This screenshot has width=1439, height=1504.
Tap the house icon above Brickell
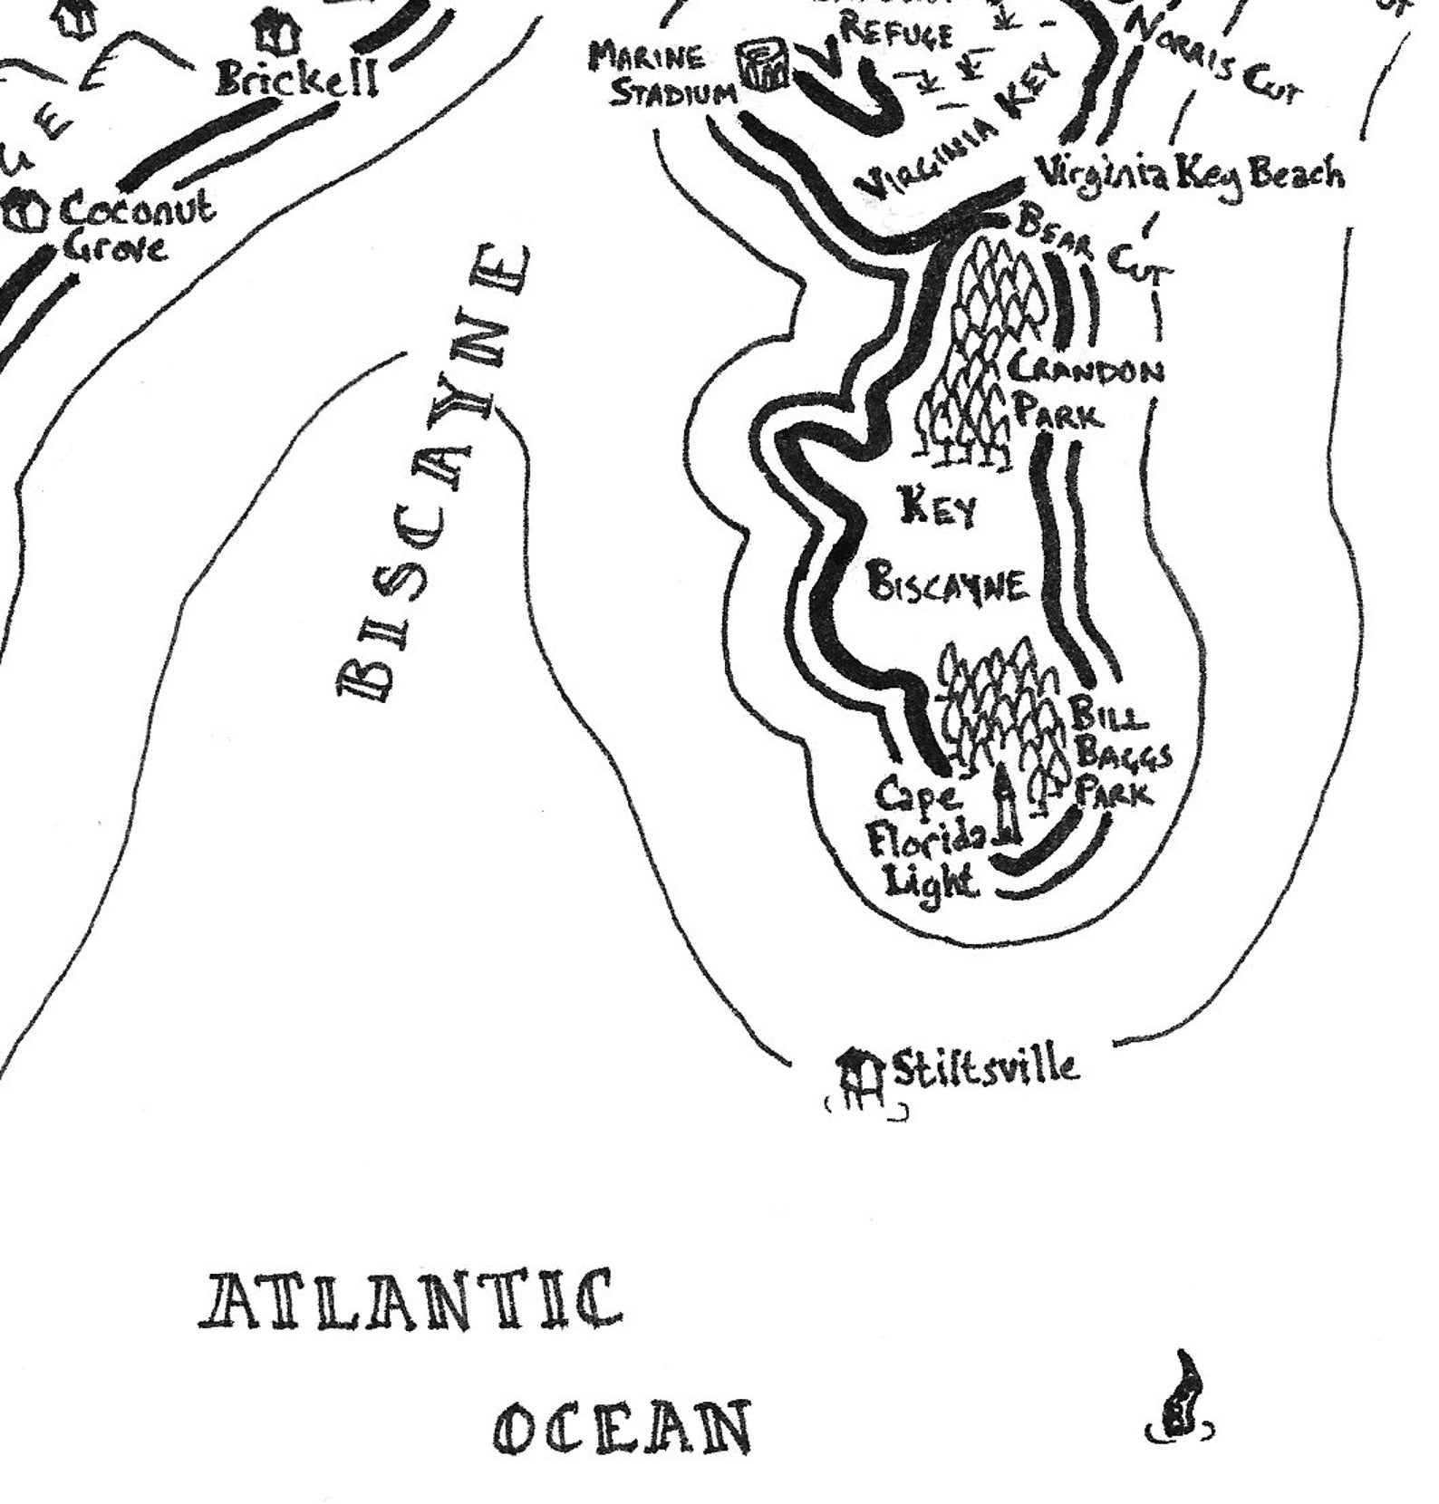pos(281,34)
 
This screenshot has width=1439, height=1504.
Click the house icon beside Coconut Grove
pos(25,211)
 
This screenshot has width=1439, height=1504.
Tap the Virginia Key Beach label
pos(1189,172)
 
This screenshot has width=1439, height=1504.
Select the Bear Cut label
pos(1096,245)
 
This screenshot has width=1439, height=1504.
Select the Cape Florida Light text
pos(924,838)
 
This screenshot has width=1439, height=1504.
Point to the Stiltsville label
pos(986,1067)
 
